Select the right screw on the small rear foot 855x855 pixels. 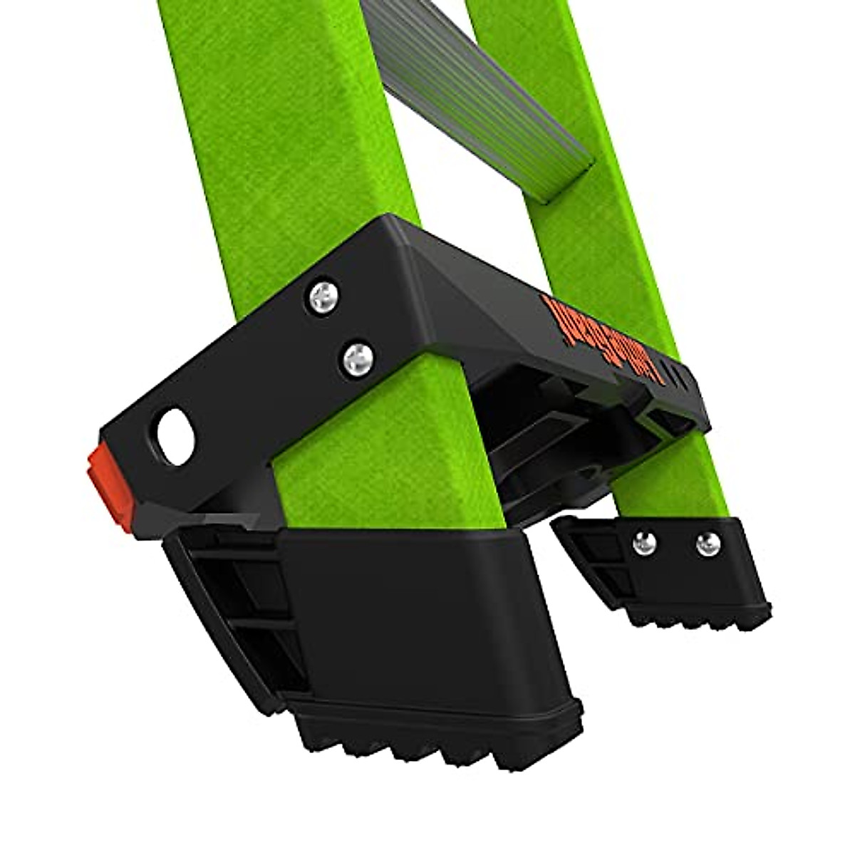pos(705,544)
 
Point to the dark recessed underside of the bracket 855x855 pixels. pos(541,442)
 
